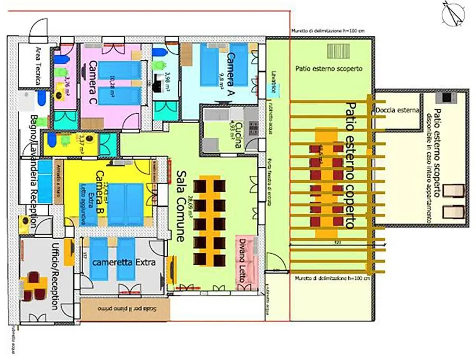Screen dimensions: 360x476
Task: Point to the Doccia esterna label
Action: (397, 111)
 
